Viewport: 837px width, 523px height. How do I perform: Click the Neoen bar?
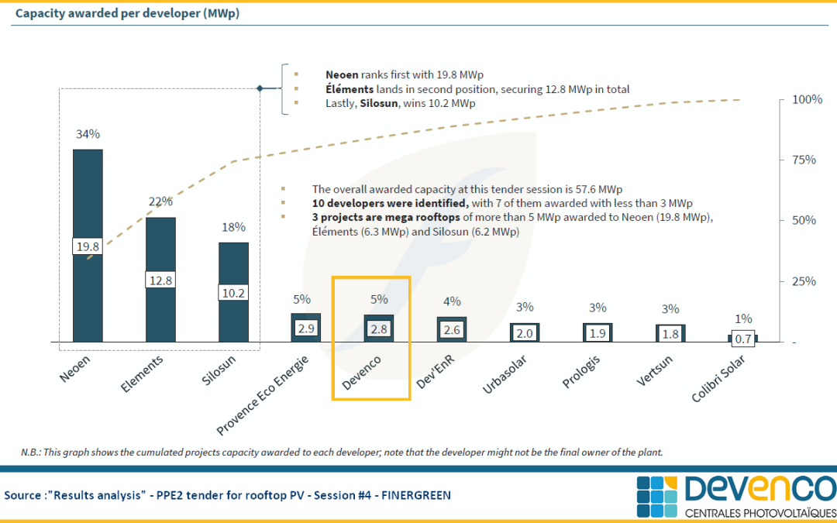[x=88, y=246]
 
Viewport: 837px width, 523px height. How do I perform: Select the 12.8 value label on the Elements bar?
[x=160, y=280]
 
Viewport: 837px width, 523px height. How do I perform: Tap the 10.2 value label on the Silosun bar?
[x=233, y=292]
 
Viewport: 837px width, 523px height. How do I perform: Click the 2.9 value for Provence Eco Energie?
[x=306, y=329]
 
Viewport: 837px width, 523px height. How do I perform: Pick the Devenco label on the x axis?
[x=361, y=373]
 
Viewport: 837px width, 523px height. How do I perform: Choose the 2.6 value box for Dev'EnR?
[x=452, y=330]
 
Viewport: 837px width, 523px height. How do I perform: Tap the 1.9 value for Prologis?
[x=598, y=332]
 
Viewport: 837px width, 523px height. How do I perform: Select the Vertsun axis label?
[x=654, y=371]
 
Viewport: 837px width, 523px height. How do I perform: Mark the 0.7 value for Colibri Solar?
[x=743, y=339]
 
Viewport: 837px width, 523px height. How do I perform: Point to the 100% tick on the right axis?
[x=805, y=100]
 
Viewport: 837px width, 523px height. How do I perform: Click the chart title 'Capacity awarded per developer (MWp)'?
[x=127, y=13]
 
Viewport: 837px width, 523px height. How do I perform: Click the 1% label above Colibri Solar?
[x=743, y=319]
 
